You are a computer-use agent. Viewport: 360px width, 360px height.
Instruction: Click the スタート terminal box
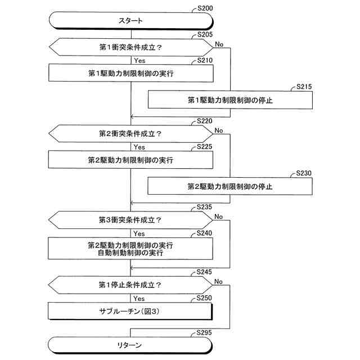pos(130,21)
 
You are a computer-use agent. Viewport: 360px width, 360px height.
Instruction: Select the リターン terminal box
pos(130,344)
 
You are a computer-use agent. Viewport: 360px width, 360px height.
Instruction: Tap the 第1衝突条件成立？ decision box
pos(130,47)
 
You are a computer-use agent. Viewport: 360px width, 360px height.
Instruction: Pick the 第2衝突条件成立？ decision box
pos(130,134)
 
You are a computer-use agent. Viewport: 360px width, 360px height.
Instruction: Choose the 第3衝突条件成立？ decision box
pos(130,220)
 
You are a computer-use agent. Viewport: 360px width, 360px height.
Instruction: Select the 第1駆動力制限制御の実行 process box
pos(130,73)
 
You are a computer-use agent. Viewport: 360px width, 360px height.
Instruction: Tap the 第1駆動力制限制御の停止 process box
pos(230,100)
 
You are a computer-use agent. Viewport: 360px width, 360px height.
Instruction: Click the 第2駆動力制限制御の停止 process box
pos(230,186)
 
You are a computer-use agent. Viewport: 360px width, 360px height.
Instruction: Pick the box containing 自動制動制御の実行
pos(130,249)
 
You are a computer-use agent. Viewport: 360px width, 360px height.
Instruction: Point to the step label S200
pos(206,9)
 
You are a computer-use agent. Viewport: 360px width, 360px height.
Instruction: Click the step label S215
pos(304,87)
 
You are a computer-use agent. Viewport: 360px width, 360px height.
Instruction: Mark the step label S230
pos(304,174)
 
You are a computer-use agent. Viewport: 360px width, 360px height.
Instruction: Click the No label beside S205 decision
pos(219,43)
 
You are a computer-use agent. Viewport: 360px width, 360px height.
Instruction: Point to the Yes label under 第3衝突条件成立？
pos(139,233)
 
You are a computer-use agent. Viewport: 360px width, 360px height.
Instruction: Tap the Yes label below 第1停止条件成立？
pos(139,298)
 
